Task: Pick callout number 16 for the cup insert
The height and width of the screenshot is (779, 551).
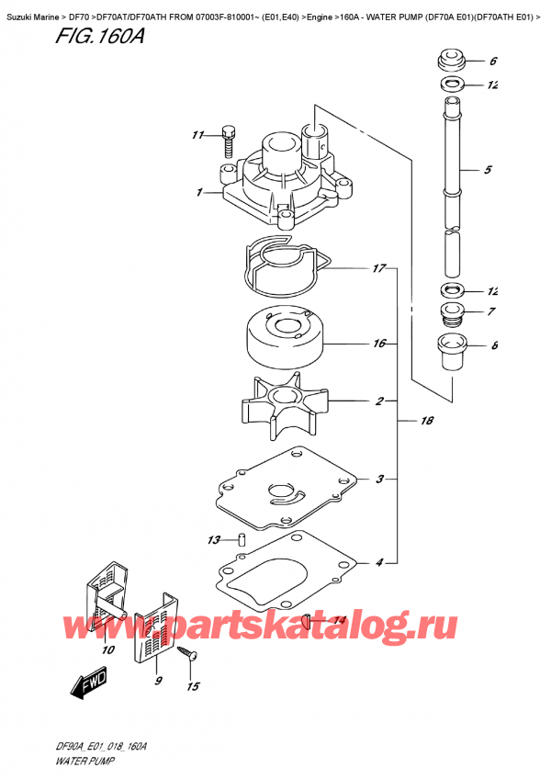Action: tap(377, 344)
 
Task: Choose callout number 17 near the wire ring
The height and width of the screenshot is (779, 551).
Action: tap(377, 269)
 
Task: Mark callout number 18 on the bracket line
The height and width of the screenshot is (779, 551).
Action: tap(425, 420)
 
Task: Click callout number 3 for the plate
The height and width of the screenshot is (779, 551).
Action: tap(378, 479)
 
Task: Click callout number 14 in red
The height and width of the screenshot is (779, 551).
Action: tap(339, 621)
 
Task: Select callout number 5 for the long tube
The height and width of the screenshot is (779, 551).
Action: tap(488, 170)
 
